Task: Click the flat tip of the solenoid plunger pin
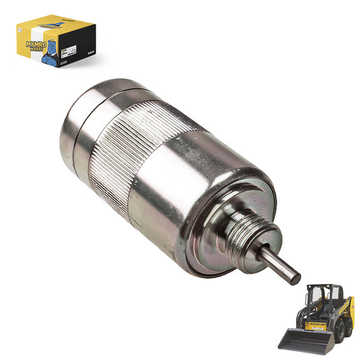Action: click(295, 275)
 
